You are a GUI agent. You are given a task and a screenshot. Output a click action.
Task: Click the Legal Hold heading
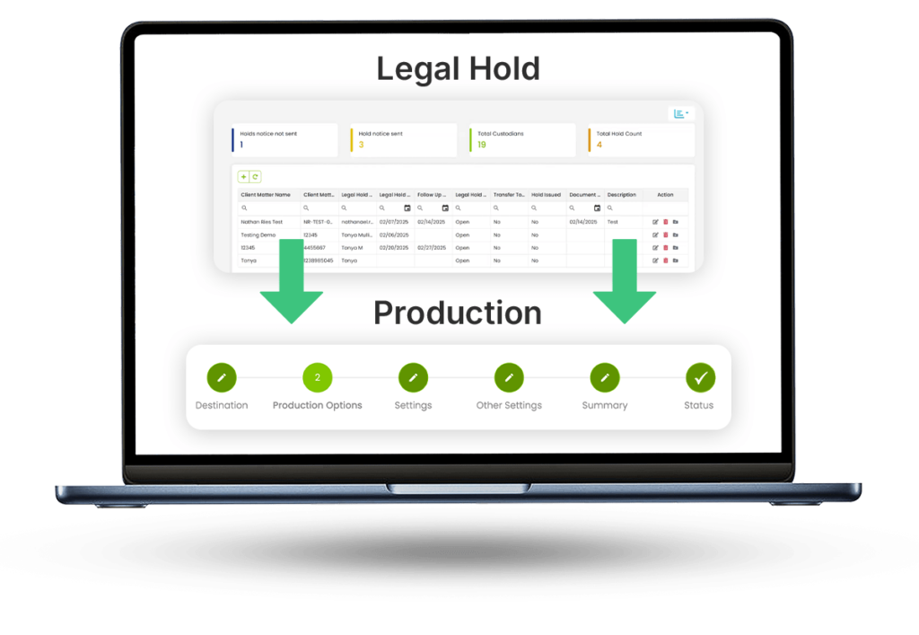click(x=458, y=68)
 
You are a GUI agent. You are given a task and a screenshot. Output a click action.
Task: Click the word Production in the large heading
click(x=458, y=313)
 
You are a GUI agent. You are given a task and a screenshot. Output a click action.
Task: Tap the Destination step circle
click(x=222, y=378)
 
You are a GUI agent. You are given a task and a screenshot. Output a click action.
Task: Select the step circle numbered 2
click(x=318, y=378)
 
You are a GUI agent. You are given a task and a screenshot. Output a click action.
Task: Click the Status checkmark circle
click(x=700, y=378)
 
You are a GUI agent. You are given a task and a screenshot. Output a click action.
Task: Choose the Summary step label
click(x=604, y=405)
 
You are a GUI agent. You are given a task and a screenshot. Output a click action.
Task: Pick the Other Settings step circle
click(x=509, y=378)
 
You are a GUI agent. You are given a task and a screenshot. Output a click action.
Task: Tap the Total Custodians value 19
click(x=481, y=145)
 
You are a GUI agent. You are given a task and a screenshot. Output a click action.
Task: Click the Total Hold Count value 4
click(x=600, y=145)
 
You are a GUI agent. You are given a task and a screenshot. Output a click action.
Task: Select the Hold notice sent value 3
click(x=361, y=145)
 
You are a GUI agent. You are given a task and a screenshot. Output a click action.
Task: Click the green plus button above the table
click(x=243, y=177)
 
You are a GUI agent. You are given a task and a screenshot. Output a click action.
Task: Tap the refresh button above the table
click(x=255, y=177)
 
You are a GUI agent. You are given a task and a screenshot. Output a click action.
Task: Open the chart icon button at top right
click(x=681, y=113)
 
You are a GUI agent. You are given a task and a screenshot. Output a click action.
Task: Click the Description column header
click(x=621, y=194)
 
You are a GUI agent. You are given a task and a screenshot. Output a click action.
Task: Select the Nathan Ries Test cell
click(x=262, y=221)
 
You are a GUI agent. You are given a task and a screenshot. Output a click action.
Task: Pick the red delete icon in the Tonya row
click(x=665, y=260)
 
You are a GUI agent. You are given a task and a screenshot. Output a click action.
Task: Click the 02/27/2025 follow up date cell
click(x=432, y=247)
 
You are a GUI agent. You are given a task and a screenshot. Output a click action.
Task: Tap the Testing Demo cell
click(x=258, y=234)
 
